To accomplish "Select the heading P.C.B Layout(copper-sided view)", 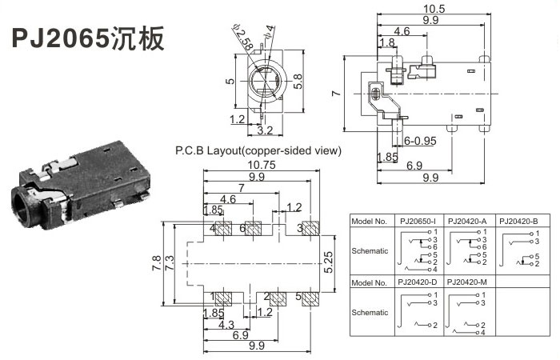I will [x=258, y=150].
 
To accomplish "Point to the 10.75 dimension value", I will [x=255, y=165].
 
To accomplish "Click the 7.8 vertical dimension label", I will [x=156, y=262].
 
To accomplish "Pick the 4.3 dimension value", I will [x=226, y=326].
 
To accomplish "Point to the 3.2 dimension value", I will [x=265, y=130].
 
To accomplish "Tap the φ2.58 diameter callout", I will [x=244, y=37].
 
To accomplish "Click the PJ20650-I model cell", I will [x=417, y=221].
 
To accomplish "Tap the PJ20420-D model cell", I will [x=417, y=282].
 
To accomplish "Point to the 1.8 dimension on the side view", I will [x=387, y=42].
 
